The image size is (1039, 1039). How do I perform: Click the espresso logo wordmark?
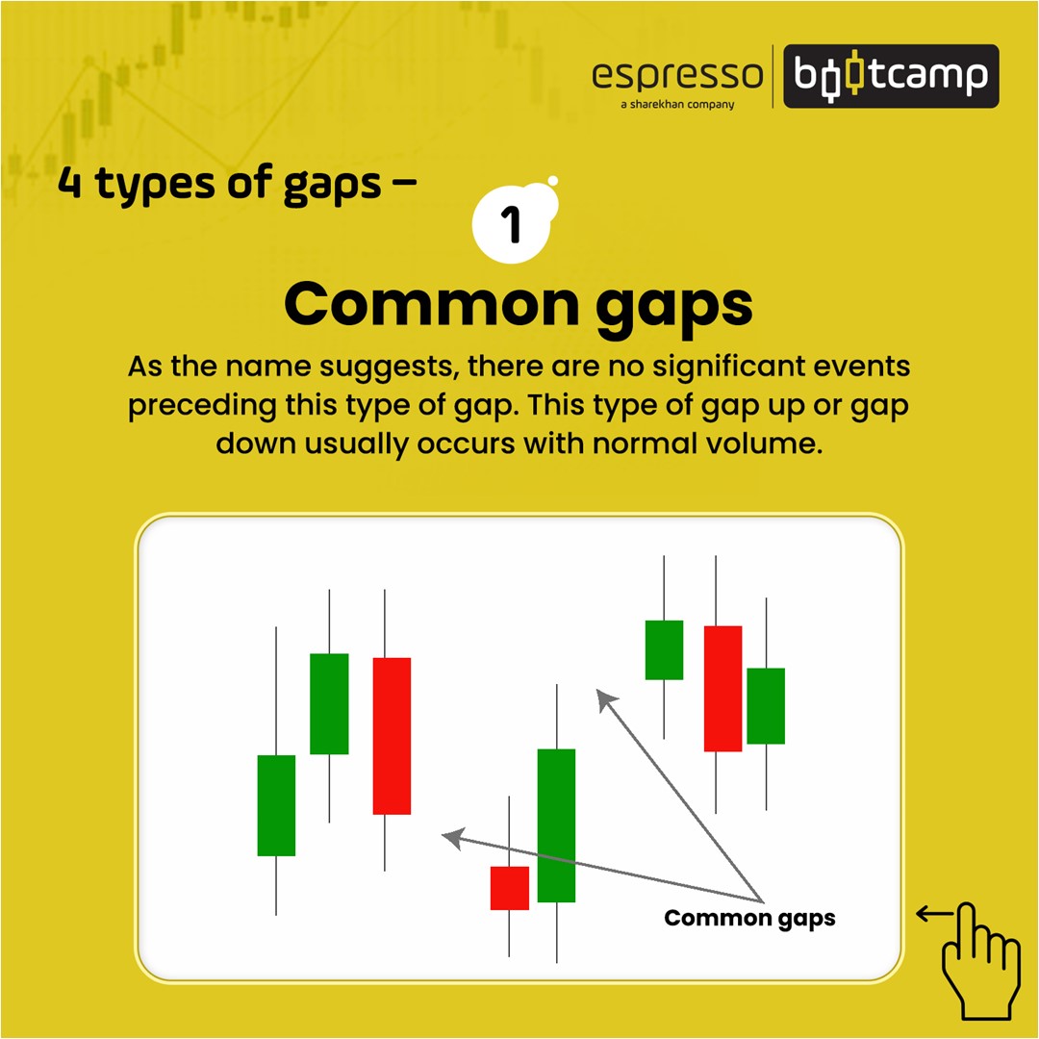pos(677,76)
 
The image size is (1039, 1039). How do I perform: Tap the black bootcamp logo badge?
pos(891,76)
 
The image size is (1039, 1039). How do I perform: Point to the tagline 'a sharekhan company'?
pos(677,104)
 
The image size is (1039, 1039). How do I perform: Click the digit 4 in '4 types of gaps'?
pos(69,182)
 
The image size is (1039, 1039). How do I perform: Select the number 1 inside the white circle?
pos(511,224)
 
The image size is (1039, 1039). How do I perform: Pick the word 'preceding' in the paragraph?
pos(201,406)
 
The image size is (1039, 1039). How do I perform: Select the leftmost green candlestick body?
pos(276,805)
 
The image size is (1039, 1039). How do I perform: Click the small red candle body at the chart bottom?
pos(510,888)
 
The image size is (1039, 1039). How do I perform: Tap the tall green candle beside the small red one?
pos(557,825)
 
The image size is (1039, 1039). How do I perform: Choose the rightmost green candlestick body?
pos(766,706)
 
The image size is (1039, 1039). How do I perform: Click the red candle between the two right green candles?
pos(722,689)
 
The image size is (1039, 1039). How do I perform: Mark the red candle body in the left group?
pos(392,736)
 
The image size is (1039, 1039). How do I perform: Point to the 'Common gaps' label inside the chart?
pos(749,919)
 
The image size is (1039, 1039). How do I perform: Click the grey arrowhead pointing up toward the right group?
pos(606,699)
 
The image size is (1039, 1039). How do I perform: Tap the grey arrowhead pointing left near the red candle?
pos(454,838)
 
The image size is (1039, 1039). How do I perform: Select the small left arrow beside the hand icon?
pos(933,915)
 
